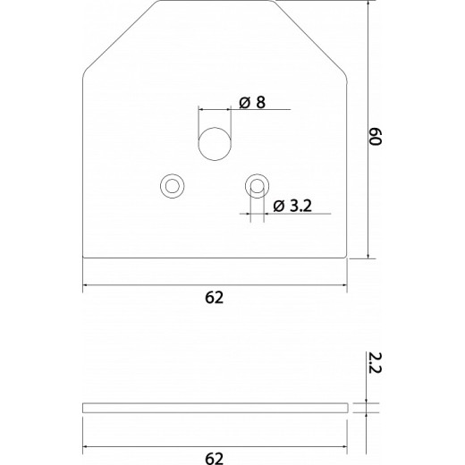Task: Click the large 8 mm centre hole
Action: click(x=215, y=144)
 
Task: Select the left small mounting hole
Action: click(x=171, y=185)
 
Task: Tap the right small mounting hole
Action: click(x=258, y=185)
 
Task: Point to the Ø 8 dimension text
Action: click(x=254, y=102)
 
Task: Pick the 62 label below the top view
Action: click(x=215, y=297)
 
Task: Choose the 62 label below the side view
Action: click(x=215, y=459)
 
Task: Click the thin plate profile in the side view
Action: click(x=215, y=408)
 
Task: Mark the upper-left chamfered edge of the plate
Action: click(x=119, y=38)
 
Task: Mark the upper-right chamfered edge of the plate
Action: click(x=310, y=38)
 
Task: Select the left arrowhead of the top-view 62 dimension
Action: click(x=86, y=285)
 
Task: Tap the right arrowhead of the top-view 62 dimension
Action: click(x=343, y=285)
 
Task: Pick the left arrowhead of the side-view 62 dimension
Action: click(x=86, y=447)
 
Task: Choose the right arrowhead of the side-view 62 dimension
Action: click(x=343, y=447)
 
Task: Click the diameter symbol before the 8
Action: click(x=244, y=102)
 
